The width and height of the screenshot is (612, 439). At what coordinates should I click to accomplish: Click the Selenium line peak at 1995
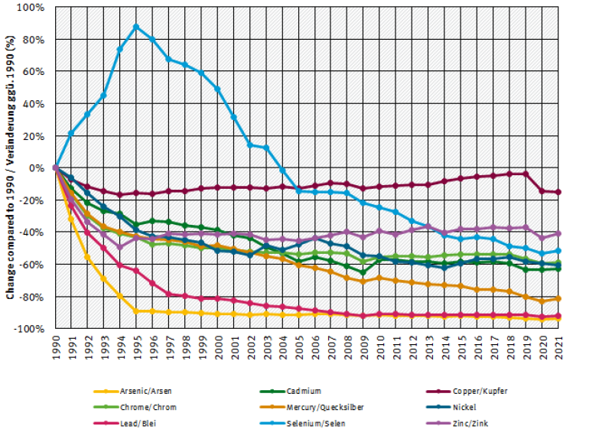click(136, 27)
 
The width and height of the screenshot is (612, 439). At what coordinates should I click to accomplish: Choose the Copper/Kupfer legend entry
click(480, 391)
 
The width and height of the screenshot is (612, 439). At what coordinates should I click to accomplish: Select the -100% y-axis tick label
click(31, 328)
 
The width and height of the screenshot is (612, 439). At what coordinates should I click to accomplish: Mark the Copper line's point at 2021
click(558, 192)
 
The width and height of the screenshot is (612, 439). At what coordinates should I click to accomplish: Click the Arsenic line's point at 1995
click(136, 311)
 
